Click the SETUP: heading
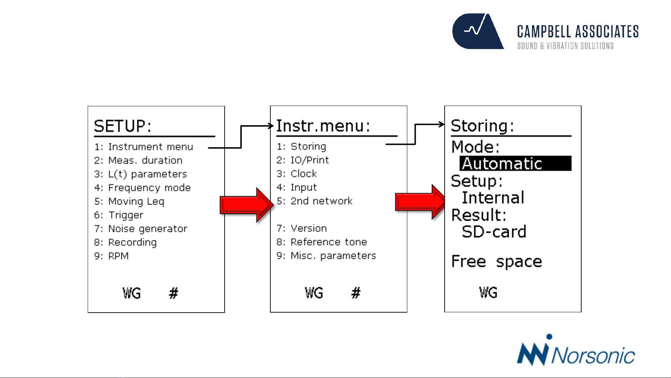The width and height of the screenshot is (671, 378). tap(123, 126)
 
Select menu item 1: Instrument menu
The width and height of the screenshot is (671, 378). tap(144, 147)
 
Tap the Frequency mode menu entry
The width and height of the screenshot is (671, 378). tap(143, 188)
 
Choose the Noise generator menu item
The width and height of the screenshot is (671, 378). tap(141, 229)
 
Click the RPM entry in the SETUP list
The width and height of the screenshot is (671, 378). tap(111, 256)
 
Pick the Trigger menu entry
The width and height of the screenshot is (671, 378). tap(119, 215)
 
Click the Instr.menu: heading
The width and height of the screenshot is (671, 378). tap(323, 126)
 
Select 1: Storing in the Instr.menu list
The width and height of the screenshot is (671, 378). tap(301, 147)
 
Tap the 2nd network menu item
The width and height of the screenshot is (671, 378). tap(315, 201)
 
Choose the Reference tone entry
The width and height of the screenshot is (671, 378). tap(322, 242)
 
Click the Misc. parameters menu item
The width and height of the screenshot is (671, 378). tap(326, 256)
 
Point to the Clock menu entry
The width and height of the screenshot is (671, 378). tap(297, 174)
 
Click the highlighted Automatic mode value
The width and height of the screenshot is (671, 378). tap(516, 164)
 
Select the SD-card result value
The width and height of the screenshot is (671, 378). tap(494, 232)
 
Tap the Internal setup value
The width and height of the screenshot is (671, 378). tap(493, 198)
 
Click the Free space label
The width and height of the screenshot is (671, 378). tap(496, 262)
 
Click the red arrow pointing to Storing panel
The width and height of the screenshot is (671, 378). tap(420, 202)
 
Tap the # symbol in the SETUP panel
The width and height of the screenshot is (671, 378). tap(174, 293)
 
